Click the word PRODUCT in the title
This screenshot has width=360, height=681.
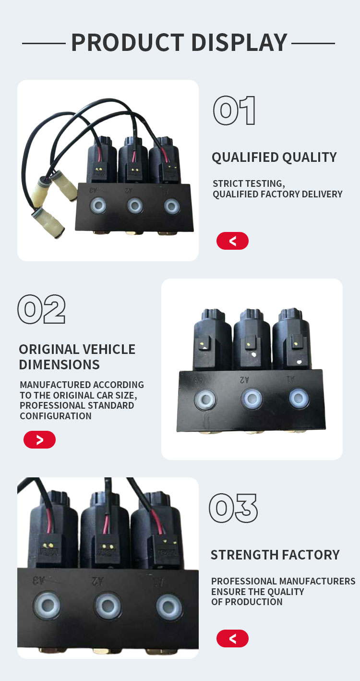[128, 42]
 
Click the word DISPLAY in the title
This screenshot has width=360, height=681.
[240, 42]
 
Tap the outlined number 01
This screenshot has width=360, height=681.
[234, 110]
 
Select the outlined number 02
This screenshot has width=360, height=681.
[42, 309]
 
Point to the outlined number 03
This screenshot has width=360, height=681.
[233, 508]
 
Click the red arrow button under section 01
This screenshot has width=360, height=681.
[232, 241]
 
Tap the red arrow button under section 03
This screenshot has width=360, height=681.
[232, 638]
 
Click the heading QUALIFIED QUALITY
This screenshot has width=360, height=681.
[274, 158]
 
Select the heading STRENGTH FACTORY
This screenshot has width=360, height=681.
[275, 555]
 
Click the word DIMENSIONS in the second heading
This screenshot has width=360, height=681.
[59, 365]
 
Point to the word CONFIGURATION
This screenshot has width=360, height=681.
[56, 416]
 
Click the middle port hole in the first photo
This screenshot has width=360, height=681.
[135, 206]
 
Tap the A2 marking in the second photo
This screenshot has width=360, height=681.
[244, 380]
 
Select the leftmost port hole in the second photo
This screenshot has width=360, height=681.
[205, 399]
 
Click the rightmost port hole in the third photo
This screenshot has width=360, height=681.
[169, 607]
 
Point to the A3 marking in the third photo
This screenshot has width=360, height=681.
[39, 580]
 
